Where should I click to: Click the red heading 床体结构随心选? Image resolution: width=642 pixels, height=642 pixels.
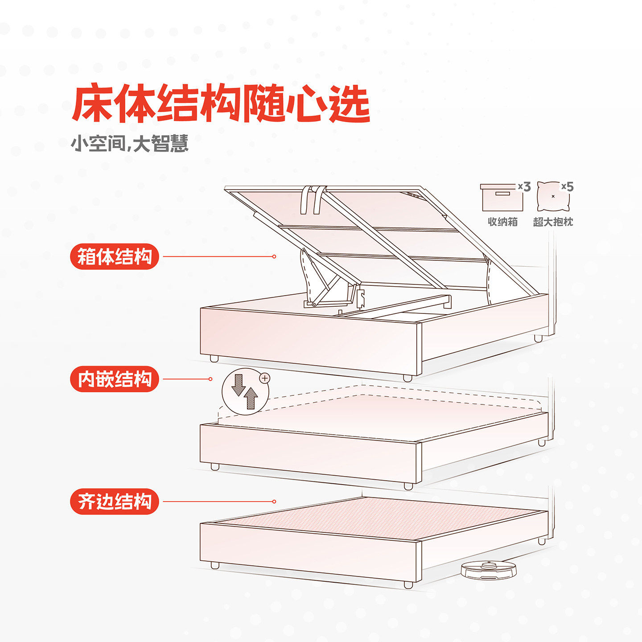[221, 103]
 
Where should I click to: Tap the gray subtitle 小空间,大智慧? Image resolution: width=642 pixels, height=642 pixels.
[129, 144]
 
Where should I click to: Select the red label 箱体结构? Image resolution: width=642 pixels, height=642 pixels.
[115, 257]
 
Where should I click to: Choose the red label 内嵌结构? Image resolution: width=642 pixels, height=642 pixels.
[115, 379]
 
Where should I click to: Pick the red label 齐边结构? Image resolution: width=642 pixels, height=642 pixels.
[115, 502]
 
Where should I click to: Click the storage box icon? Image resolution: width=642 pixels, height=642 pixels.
[502, 197]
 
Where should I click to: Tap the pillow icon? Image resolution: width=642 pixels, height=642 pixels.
[553, 196]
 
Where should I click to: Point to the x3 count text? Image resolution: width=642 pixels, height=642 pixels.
[524, 187]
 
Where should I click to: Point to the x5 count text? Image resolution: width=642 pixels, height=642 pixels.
[568, 186]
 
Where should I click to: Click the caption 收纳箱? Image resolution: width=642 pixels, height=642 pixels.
[502, 222]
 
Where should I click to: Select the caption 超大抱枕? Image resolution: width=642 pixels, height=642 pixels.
[553, 222]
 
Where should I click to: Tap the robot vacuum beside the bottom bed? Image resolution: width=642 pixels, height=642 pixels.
[489, 570]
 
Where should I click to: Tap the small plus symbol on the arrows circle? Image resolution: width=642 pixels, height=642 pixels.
[265, 378]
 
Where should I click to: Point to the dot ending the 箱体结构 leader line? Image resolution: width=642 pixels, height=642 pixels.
[274, 256]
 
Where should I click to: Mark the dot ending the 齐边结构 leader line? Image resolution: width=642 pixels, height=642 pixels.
[274, 502]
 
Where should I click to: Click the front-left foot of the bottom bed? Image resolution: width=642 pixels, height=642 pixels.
[215, 565]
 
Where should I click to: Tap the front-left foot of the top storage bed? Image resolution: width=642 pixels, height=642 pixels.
[214, 358]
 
